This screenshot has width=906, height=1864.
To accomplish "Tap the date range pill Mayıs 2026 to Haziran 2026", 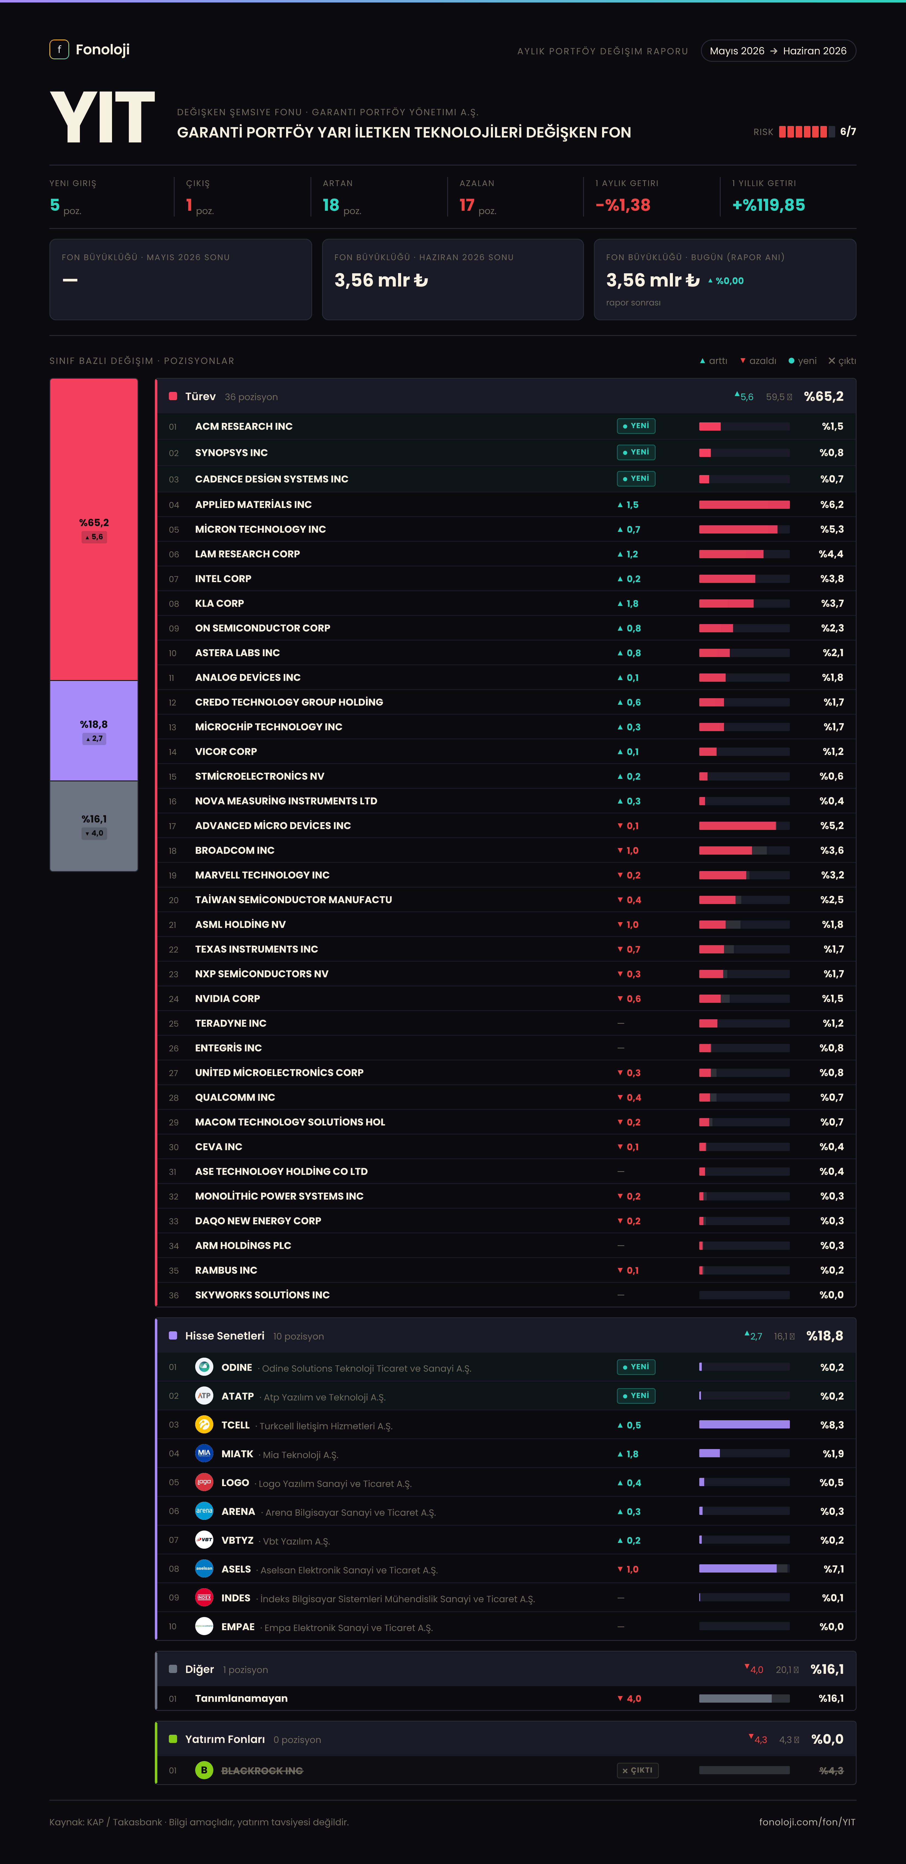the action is (778, 51).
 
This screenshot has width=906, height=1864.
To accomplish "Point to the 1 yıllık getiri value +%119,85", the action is (768, 205).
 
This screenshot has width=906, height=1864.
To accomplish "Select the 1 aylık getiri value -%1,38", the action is (622, 205).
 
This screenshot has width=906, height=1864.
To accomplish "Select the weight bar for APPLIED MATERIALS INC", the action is (744, 504).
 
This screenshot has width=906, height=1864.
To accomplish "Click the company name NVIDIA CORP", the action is (227, 999).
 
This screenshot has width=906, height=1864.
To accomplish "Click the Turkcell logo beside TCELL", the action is (204, 1425).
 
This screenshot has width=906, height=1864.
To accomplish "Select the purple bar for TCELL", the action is (744, 1425).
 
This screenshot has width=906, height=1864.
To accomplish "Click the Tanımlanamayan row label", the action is (241, 1698).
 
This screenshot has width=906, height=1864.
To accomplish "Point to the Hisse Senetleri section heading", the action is (224, 1336).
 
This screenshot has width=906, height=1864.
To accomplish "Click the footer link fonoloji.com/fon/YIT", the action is (807, 1822).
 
